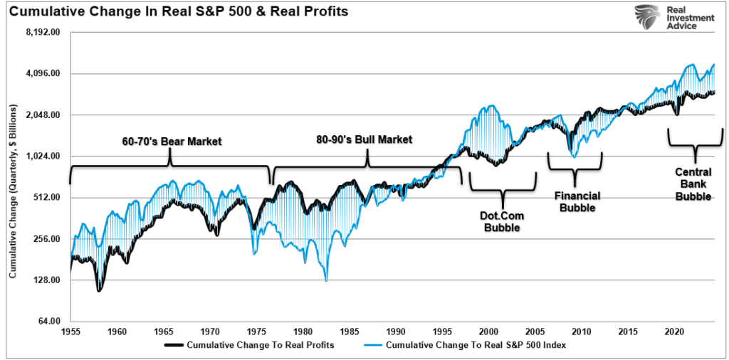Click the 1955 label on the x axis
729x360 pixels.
71,332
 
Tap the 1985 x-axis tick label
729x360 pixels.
350,332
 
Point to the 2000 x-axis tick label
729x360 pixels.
489,332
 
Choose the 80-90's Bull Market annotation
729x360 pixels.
364,139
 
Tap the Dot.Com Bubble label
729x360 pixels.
503,221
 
